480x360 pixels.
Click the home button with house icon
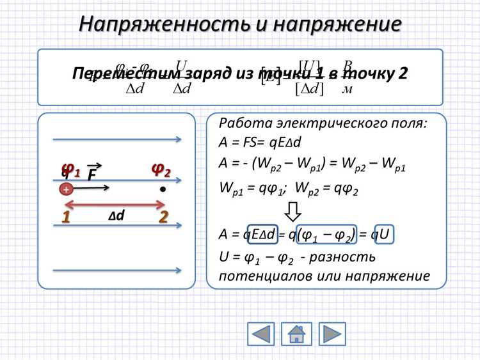click(x=296, y=334)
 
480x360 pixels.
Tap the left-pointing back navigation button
click(x=260, y=334)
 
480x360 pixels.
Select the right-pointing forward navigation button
click(x=332, y=334)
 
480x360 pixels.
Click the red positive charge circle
click(x=65, y=189)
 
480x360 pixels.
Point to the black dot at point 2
click(x=163, y=189)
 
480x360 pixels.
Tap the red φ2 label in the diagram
click(x=161, y=169)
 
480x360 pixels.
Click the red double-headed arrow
click(x=115, y=205)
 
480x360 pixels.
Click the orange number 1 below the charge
click(x=65, y=217)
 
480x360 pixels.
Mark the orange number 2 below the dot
click(x=163, y=217)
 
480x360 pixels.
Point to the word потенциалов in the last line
click(x=269, y=276)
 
